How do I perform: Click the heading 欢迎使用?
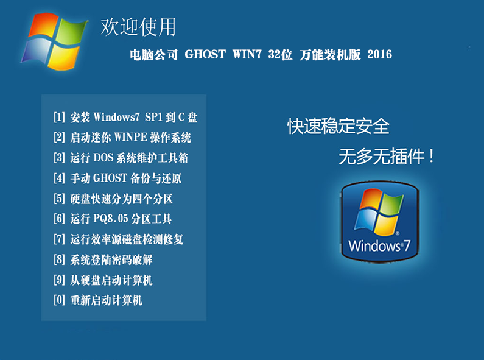tap(138, 27)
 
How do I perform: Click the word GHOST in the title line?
tap(205, 54)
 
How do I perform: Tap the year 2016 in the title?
tap(380, 54)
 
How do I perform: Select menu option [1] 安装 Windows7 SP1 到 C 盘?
tap(125, 118)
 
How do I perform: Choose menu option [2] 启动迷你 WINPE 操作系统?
tap(122, 138)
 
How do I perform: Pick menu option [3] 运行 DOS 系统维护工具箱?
tap(121, 158)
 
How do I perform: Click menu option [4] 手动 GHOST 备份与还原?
tap(117, 178)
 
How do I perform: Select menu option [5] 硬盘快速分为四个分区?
tap(113, 199)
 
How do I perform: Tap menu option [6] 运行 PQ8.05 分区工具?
tap(113, 219)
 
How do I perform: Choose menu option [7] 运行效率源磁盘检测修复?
tap(119, 239)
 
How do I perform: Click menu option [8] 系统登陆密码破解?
tap(103, 259)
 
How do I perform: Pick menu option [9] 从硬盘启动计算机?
tap(103, 280)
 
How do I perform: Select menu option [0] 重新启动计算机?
tap(98, 300)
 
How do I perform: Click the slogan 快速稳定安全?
tap(338, 126)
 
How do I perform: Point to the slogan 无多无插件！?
tap(387, 156)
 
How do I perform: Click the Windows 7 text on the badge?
tap(379, 245)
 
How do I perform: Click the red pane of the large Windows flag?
tap(43, 26)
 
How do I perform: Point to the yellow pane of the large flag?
tap(63, 57)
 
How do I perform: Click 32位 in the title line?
tap(280, 54)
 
